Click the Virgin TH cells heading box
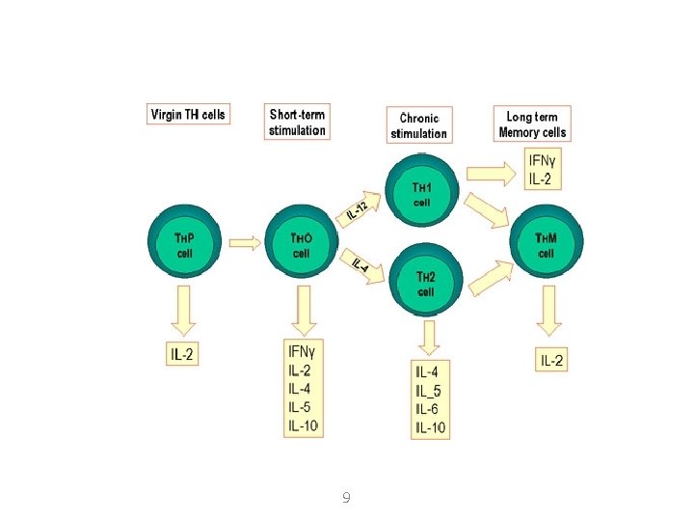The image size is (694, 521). click(x=188, y=114)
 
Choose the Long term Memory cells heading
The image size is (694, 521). click(x=532, y=123)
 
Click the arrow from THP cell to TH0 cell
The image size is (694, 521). click(x=245, y=244)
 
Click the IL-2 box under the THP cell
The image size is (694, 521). click(x=182, y=355)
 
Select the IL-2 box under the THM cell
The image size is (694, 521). click(x=552, y=361)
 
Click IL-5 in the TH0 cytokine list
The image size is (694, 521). click(x=300, y=407)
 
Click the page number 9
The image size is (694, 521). click(x=346, y=498)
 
